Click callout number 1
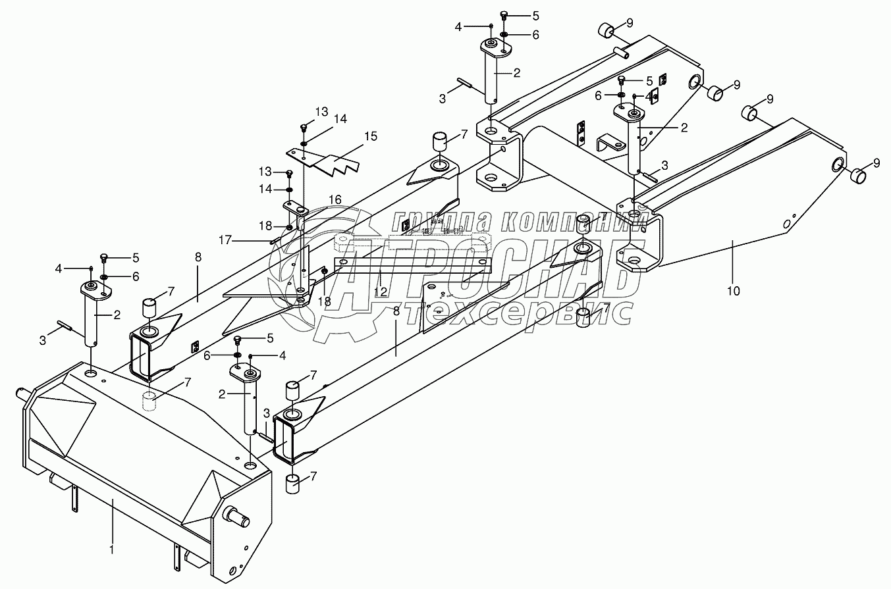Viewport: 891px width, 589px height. (x=112, y=548)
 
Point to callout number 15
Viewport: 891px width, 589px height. (x=371, y=136)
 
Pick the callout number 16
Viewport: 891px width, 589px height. (x=335, y=199)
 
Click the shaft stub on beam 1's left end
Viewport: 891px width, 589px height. (x=24, y=395)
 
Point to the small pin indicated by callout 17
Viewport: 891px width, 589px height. (x=273, y=241)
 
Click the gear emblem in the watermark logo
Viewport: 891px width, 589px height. (x=323, y=276)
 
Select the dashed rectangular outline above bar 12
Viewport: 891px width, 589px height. (x=439, y=242)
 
